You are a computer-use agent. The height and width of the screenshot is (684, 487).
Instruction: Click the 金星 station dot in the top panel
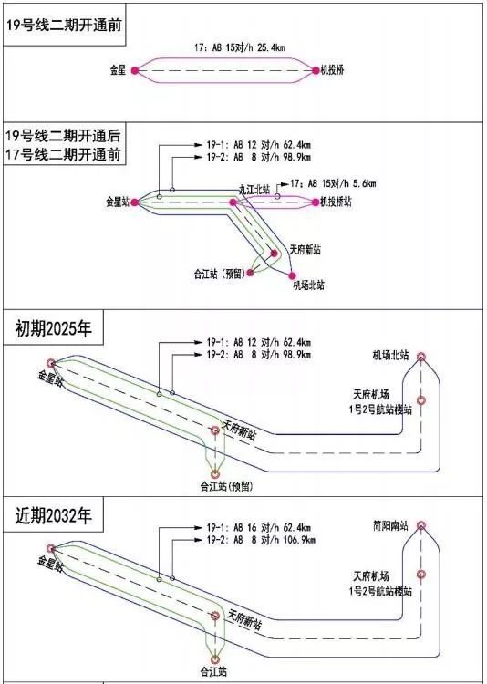point(135,69)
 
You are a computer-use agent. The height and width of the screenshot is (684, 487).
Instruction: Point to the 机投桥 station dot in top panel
point(315,69)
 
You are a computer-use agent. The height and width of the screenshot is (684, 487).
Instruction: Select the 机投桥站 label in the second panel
point(336,202)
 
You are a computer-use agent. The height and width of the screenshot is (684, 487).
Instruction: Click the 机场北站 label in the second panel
point(309,285)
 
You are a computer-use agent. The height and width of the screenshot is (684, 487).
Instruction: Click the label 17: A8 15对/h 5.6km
point(330,183)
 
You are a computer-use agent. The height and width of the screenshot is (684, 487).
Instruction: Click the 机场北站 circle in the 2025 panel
point(421,358)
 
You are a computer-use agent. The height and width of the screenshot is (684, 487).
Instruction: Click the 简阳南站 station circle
point(421,526)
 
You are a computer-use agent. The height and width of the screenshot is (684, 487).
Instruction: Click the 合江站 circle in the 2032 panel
point(215,658)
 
